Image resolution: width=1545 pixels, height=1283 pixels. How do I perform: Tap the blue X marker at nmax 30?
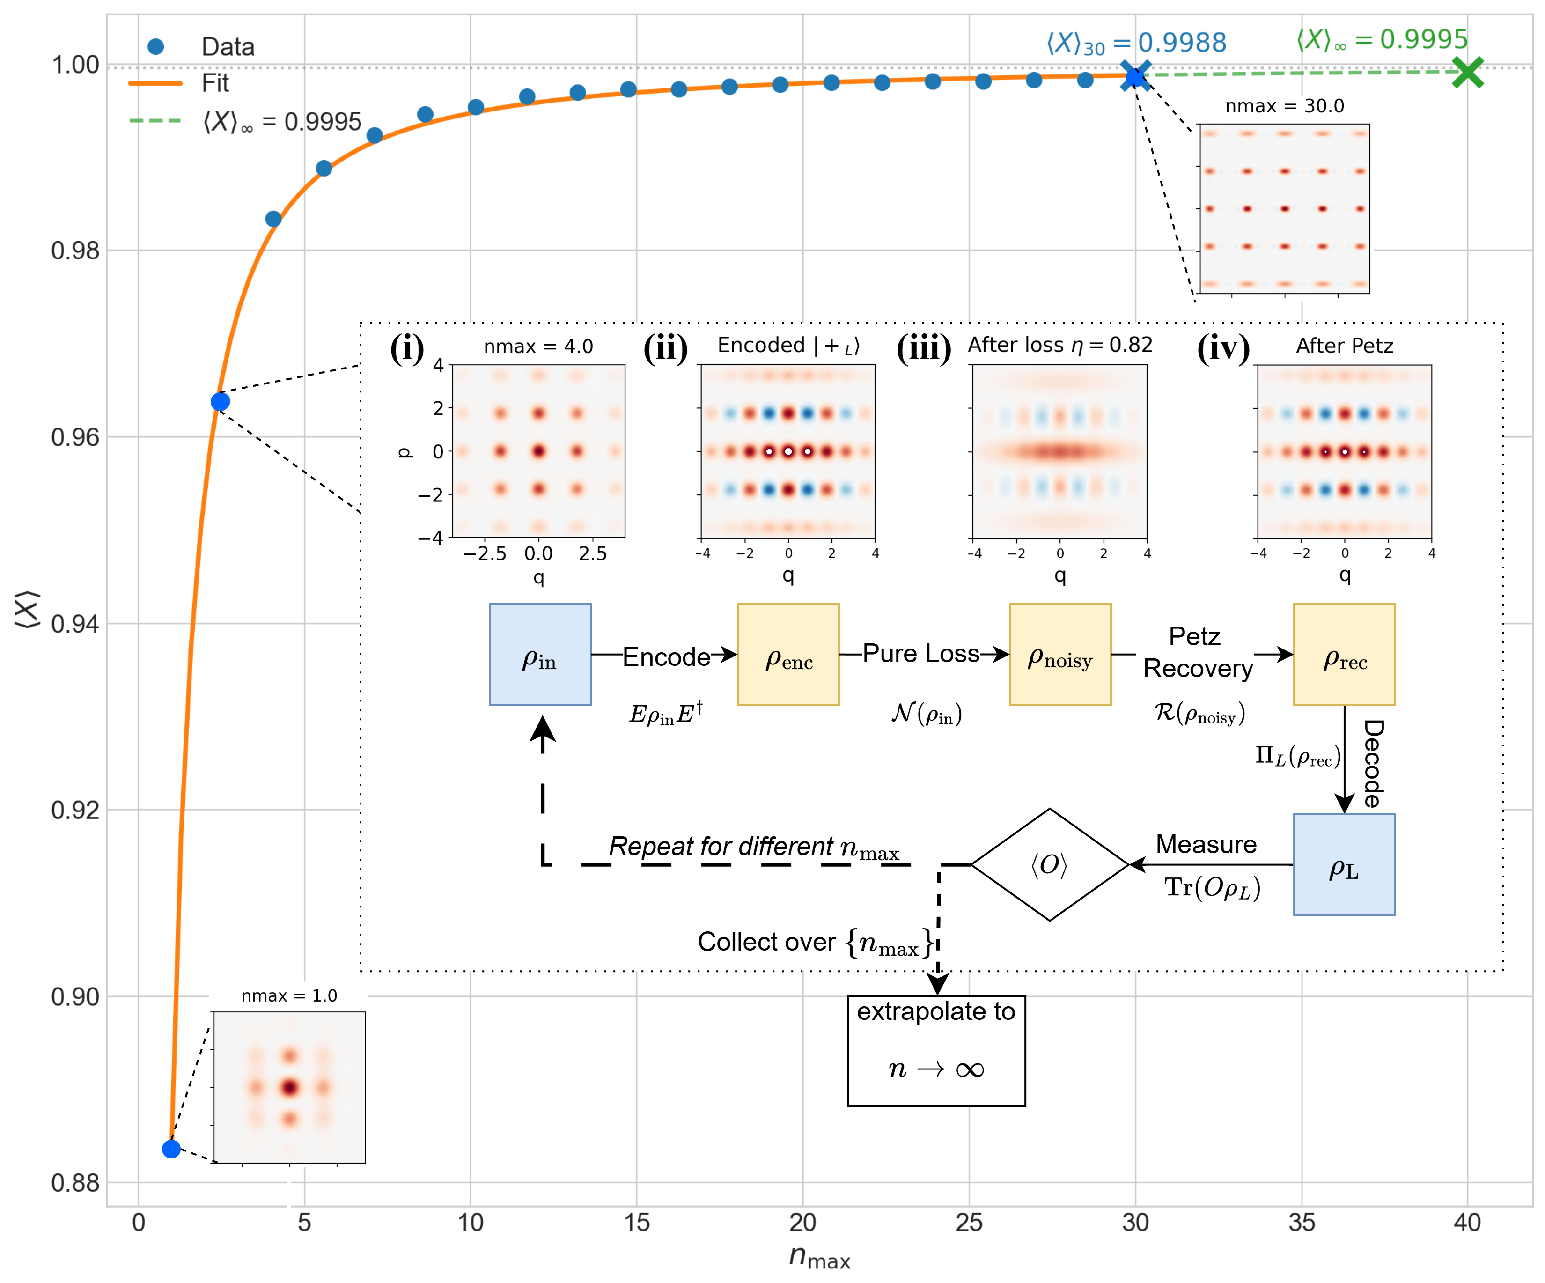click(x=1135, y=76)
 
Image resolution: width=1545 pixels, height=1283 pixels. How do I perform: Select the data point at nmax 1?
click(x=171, y=1148)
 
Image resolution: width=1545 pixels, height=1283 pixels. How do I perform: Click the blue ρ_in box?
click(x=540, y=655)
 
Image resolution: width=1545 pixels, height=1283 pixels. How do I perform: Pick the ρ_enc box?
click(x=788, y=655)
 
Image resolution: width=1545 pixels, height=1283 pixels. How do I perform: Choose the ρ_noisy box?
click(x=1059, y=655)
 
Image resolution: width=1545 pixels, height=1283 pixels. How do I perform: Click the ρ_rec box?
click(x=1344, y=655)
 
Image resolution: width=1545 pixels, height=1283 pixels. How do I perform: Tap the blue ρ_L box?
click(x=1344, y=864)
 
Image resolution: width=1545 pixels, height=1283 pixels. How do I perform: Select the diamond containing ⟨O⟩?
click(x=1050, y=864)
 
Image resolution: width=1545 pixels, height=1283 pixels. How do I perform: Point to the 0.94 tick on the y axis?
click(x=75, y=624)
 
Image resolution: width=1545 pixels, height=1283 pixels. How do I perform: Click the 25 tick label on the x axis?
click(x=969, y=1223)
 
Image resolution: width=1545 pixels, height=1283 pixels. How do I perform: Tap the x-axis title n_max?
click(x=819, y=1256)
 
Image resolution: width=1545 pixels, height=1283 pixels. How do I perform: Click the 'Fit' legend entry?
click(x=215, y=83)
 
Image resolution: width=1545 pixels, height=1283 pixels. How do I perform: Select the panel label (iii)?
click(x=923, y=347)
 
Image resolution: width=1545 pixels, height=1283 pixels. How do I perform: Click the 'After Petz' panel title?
click(x=1344, y=346)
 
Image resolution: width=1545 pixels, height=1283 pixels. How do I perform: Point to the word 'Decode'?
click(x=1373, y=764)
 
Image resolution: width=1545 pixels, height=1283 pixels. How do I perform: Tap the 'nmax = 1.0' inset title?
click(x=289, y=995)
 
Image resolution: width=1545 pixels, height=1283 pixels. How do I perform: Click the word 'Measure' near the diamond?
click(x=1206, y=844)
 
